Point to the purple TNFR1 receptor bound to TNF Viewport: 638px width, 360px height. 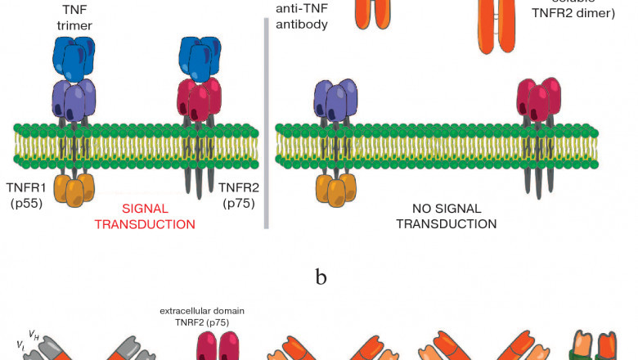[74, 98]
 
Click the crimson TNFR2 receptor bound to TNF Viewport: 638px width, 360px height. [200, 98]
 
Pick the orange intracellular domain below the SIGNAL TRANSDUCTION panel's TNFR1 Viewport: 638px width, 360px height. [74, 190]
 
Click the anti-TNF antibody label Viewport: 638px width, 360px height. [303, 16]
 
